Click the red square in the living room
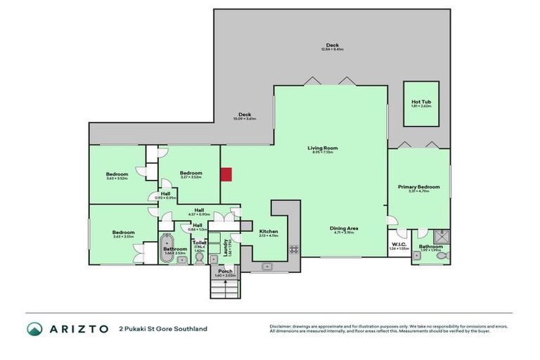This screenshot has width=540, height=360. tap(226, 174)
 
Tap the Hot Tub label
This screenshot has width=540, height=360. tap(421, 102)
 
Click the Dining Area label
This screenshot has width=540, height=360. tap(344, 227)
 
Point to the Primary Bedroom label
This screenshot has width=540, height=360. tap(418, 187)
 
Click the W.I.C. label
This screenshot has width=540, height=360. tap(399, 244)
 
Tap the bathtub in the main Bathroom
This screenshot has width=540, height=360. tap(167, 248)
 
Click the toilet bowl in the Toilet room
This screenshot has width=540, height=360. tap(199, 258)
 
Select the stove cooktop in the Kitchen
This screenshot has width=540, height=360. tap(293, 250)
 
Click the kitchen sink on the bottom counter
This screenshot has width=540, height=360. tap(267, 266)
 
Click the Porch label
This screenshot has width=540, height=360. tap(225, 271)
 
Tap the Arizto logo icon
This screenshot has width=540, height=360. tap(35, 328)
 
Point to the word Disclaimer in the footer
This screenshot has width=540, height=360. tap(283, 326)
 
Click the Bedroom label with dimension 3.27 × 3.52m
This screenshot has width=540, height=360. tap(191, 173)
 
